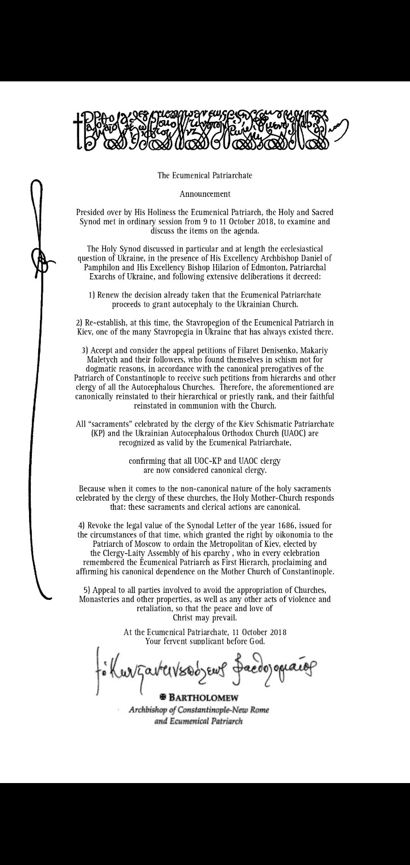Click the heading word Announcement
pos(205,193)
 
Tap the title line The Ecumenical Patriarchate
pos(205,175)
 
